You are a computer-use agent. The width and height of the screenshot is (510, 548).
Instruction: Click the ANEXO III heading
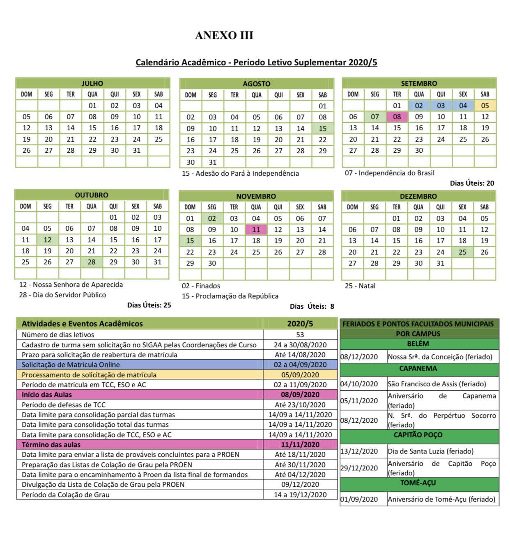pyautogui.click(x=224, y=36)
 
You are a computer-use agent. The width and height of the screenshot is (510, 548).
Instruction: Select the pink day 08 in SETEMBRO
pyautogui.click(x=397, y=117)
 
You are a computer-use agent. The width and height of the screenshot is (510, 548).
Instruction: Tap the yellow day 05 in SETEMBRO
pyautogui.click(x=485, y=105)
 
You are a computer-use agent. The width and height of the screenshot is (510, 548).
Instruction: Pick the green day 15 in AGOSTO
pyautogui.click(x=323, y=128)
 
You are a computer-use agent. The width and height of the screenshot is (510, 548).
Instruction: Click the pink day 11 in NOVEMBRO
pyautogui.click(x=256, y=230)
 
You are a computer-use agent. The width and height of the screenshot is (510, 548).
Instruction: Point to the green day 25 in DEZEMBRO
pyautogui.click(x=462, y=252)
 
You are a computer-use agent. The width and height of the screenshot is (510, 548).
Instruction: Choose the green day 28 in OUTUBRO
pyautogui.click(x=92, y=262)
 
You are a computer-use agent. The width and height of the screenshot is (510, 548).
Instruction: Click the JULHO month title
pyautogui.click(x=92, y=83)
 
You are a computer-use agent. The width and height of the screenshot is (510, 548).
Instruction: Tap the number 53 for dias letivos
pyautogui.click(x=300, y=335)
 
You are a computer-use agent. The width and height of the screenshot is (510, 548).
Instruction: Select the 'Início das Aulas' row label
pyautogui.click(x=47, y=394)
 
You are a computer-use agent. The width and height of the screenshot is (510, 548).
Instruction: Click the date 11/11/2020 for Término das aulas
pyautogui.click(x=300, y=445)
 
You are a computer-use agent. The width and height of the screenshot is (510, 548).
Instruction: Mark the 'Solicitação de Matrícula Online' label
pyautogui.click(x=71, y=365)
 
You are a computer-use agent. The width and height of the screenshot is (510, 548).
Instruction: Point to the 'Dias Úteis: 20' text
pyautogui.click(x=472, y=183)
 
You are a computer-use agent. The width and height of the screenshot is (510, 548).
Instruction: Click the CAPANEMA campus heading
pyautogui.click(x=418, y=368)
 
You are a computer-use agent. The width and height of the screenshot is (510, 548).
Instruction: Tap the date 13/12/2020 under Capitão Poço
pyautogui.click(x=359, y=451)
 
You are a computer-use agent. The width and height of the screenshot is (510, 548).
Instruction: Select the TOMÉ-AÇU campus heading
pyautogui.click(x=418, y=483)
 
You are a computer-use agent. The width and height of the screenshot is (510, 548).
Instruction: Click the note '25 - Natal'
pyautogui.click(x=360, y=286)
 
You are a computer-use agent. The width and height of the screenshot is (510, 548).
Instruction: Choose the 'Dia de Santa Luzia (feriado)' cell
pyautogui.click(x=431, y=451)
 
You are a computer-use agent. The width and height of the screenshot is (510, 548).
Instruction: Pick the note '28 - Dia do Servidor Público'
pyautogui.click(x=62, y=295)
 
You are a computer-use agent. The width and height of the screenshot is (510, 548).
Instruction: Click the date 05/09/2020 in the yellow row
pyautogui.click(x=300, y=375)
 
